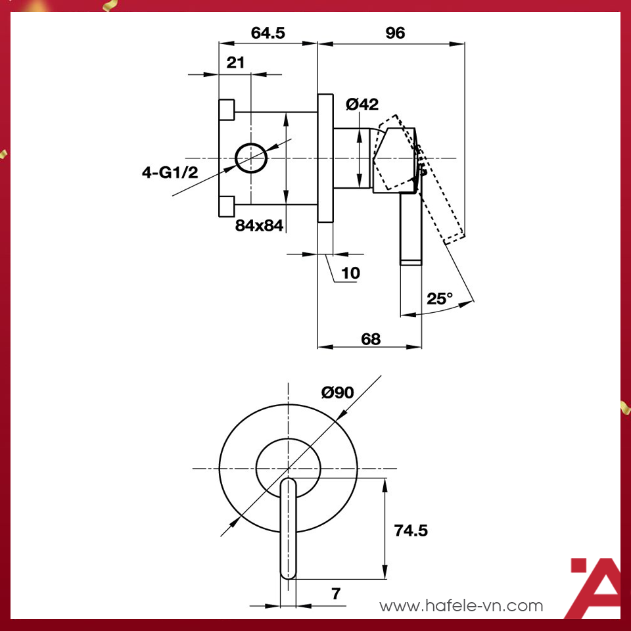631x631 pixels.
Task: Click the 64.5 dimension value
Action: point(268,33)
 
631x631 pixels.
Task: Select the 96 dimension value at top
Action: point(395,33)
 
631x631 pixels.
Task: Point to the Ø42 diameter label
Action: point(362,104)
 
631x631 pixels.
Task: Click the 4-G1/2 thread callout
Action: point(170,172)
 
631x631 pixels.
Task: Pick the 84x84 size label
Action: point(259,225)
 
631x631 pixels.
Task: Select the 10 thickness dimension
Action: point(350,273)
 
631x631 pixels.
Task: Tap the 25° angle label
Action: point(440,298)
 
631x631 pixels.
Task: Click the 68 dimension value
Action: point(371,339)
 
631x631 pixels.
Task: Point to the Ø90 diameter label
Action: point(337,392)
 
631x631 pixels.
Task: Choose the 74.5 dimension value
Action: point(410,530)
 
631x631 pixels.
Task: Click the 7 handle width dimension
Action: point(336,594)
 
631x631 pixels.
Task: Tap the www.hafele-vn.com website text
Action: point(461,605)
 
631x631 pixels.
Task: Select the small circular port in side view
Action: point(251,158)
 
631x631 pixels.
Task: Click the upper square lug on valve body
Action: point(226,110)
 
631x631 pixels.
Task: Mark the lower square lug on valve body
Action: point(226,206)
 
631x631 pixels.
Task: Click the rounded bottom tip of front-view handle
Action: point(289,574)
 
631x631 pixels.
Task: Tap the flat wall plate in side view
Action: point(325,158)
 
